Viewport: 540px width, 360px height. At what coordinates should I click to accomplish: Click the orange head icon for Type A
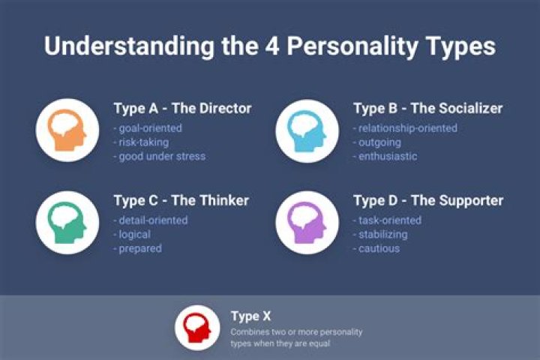67,130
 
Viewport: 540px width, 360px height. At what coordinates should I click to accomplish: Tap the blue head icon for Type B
307,130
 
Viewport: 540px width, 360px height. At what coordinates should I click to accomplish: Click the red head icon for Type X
197,327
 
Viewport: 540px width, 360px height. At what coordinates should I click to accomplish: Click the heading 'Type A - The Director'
182,108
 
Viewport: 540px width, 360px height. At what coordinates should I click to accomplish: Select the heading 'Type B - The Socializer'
427,108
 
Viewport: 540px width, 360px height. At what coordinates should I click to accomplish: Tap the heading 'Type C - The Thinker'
181,200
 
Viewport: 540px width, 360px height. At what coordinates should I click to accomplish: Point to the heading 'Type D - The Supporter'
428,200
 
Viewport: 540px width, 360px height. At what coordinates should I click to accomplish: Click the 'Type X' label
250,316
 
